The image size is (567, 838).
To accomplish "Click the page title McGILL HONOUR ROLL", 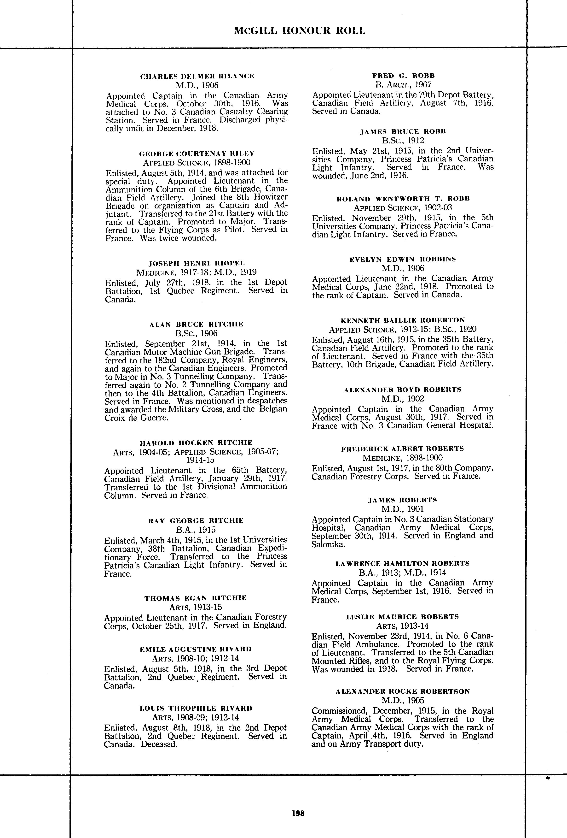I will (300, 31).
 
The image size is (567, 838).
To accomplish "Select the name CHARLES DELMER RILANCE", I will (197, 76).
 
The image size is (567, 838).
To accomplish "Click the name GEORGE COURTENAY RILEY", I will (197, 153).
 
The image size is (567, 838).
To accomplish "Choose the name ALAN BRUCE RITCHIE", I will (196, 324).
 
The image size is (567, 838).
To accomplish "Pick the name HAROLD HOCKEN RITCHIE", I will (196, 443).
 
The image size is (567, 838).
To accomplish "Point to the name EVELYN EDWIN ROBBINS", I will (403, 259).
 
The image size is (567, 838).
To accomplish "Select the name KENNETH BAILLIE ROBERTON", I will (403, 320).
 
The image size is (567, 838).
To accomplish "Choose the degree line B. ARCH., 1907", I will (403, 85).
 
